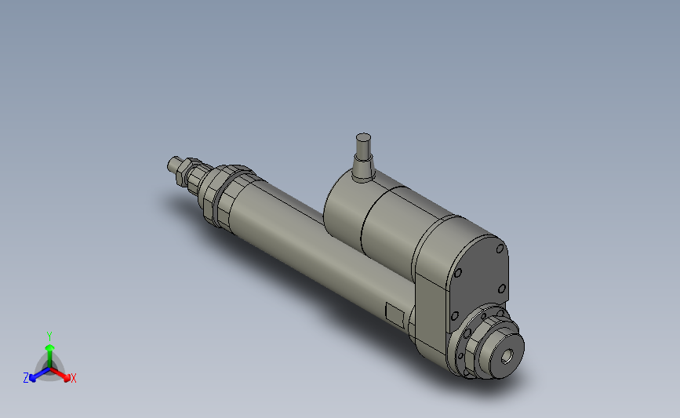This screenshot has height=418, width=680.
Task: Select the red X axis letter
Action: (x=74, y=379)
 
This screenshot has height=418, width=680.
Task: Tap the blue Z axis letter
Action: (x=26, y=378)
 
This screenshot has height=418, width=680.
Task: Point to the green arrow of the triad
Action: (x=49, y=349)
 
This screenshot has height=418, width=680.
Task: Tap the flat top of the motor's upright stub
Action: (x=363, y=139)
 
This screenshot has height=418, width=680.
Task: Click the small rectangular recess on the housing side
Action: (x=395, y=314)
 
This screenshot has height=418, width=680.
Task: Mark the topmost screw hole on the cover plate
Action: (x=499, y=249)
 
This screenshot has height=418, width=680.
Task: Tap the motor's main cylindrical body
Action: (x=392, y=224)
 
